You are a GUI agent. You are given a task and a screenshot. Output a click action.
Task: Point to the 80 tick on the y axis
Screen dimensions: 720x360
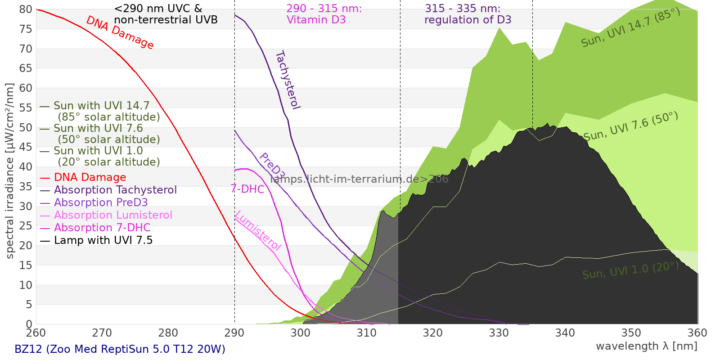point(26,9)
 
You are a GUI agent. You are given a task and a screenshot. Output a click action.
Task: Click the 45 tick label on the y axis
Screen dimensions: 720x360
point(26,147)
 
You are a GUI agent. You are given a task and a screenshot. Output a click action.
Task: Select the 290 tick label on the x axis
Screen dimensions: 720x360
point(234,333)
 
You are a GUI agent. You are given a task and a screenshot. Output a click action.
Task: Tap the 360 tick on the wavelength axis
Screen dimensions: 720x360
point(697,333)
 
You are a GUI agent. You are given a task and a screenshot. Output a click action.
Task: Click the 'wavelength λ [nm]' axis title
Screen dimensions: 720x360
point(647,346)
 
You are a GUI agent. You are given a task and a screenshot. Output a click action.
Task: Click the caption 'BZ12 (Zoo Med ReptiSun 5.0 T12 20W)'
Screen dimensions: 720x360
point(120,349)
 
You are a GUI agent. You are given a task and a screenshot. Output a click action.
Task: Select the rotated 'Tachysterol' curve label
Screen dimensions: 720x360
point(288,80)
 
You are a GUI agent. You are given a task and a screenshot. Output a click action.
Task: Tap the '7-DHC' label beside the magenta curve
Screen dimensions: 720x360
point(247,189)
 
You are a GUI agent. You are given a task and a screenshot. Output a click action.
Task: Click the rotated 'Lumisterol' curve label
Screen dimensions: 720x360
point(258,231)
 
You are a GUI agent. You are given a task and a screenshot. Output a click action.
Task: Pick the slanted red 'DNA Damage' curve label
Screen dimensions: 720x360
point(120,32)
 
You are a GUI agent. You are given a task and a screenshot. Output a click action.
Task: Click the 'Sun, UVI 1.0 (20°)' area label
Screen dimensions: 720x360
point(630,270)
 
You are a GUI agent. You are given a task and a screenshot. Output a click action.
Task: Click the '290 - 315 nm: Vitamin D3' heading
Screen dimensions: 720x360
point(324,14)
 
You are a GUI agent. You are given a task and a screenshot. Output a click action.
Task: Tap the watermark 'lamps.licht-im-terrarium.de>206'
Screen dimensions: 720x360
point(359,179)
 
